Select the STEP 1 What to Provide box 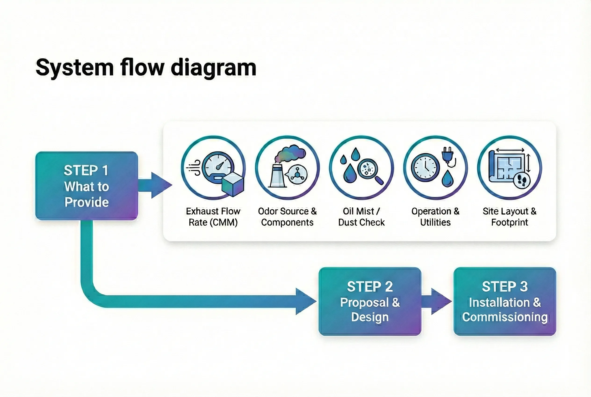point(86,186)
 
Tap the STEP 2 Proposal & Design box point(370,301)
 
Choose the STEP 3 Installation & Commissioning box point(505,301)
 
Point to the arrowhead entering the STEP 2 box point(306,301)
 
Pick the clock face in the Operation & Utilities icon point(425,168)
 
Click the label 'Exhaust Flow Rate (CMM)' point(213,217)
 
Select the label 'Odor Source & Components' point(287,217)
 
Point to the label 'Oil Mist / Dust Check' point(361,217)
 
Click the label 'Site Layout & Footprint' point(509,217)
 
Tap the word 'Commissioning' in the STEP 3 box point(505,317)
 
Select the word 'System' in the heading point(75,68)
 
